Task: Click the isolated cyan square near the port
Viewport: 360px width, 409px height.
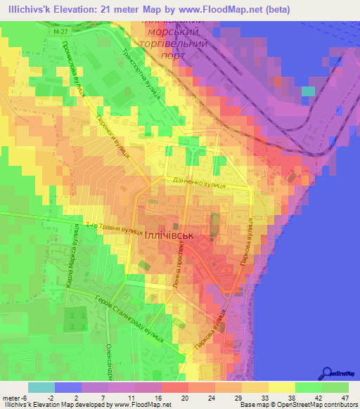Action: point(308,91)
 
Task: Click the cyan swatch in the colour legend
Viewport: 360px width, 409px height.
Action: point(41,387)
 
